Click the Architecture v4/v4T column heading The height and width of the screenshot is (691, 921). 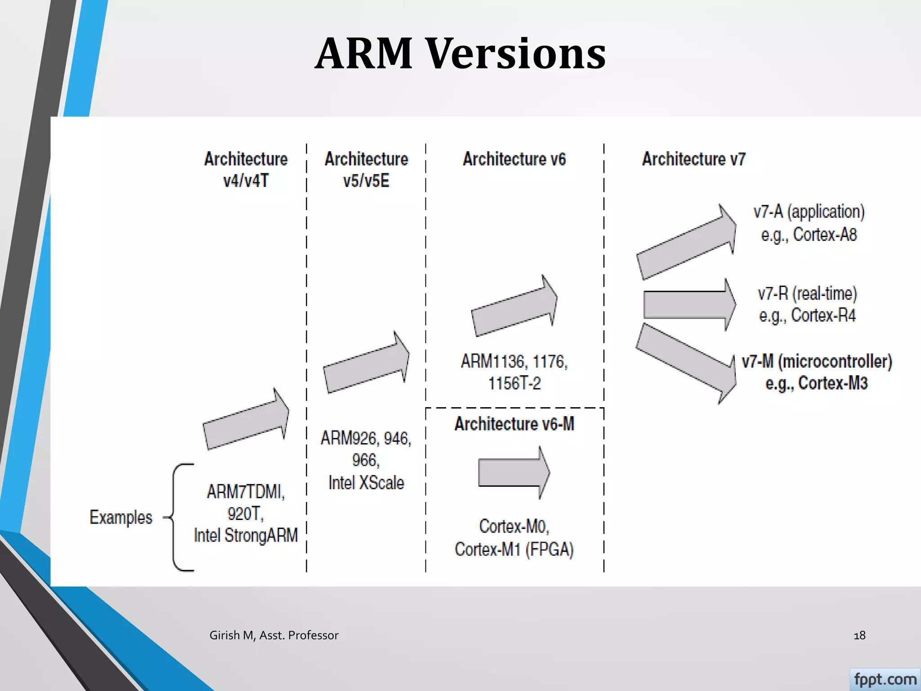246,170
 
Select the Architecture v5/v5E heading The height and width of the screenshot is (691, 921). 366,170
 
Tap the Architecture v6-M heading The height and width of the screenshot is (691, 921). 514,424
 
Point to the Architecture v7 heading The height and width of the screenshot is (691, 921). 693,159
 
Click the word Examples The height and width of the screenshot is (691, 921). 121,517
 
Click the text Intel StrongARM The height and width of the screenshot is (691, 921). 246,535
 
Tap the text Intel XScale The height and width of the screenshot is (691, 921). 366,483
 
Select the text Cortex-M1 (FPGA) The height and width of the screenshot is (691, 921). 514,549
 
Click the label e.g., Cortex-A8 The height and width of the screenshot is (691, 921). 809,235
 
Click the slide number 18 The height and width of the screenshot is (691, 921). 859,635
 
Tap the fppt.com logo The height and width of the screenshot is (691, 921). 885,679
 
